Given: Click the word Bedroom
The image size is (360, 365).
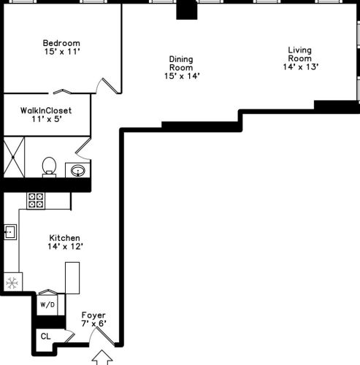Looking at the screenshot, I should click(x=61, y=42).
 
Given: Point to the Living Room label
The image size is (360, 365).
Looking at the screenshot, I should click(x=299, y=55).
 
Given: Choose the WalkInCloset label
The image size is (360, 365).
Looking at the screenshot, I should click(x=46, y=110).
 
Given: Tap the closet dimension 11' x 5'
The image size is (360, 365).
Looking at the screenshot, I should click(x=45, y=121).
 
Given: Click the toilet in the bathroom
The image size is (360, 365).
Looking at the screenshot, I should click(x=50, y=166).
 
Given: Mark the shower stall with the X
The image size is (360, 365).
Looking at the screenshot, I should click(x=15, y=157).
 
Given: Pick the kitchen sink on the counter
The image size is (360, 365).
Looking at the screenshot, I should click(x=10, y=233).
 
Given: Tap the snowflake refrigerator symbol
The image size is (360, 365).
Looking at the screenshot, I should click(x=11, y=283).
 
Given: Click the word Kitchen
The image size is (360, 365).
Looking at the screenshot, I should click(x=64, y=238).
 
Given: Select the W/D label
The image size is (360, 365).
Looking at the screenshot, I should click(x=48, y=303).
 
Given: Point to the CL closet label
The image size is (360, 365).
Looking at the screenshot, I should click(x=45, y=337).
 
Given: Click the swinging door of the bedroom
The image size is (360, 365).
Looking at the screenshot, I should click(x=109, y=85).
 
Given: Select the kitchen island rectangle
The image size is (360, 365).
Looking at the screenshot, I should click(x=72, y=277).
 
